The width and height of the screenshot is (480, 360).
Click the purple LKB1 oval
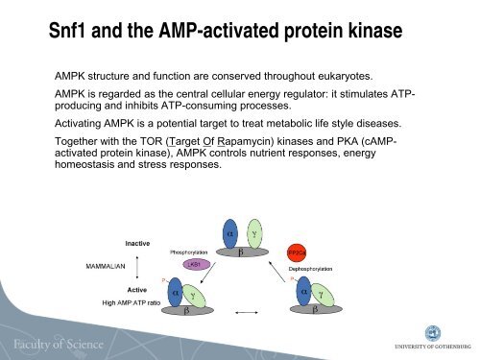click(192, 262)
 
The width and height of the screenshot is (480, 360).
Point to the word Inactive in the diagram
click(137, 243)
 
